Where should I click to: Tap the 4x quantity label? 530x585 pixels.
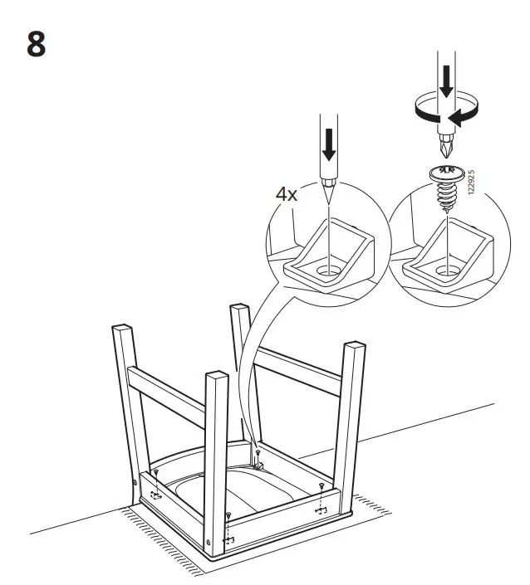coord(287,196)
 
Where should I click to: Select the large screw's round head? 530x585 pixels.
coord(448,175)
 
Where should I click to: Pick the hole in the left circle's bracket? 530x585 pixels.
coord(330,270)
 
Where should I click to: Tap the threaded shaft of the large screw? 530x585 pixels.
coord(448,197)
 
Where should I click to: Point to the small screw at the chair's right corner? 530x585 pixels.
coord(321,487)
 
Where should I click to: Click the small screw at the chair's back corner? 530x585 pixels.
coord(258,453)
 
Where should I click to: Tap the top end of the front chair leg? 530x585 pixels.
coord(216,378)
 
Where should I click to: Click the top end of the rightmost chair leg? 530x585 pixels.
coord(353,344)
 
